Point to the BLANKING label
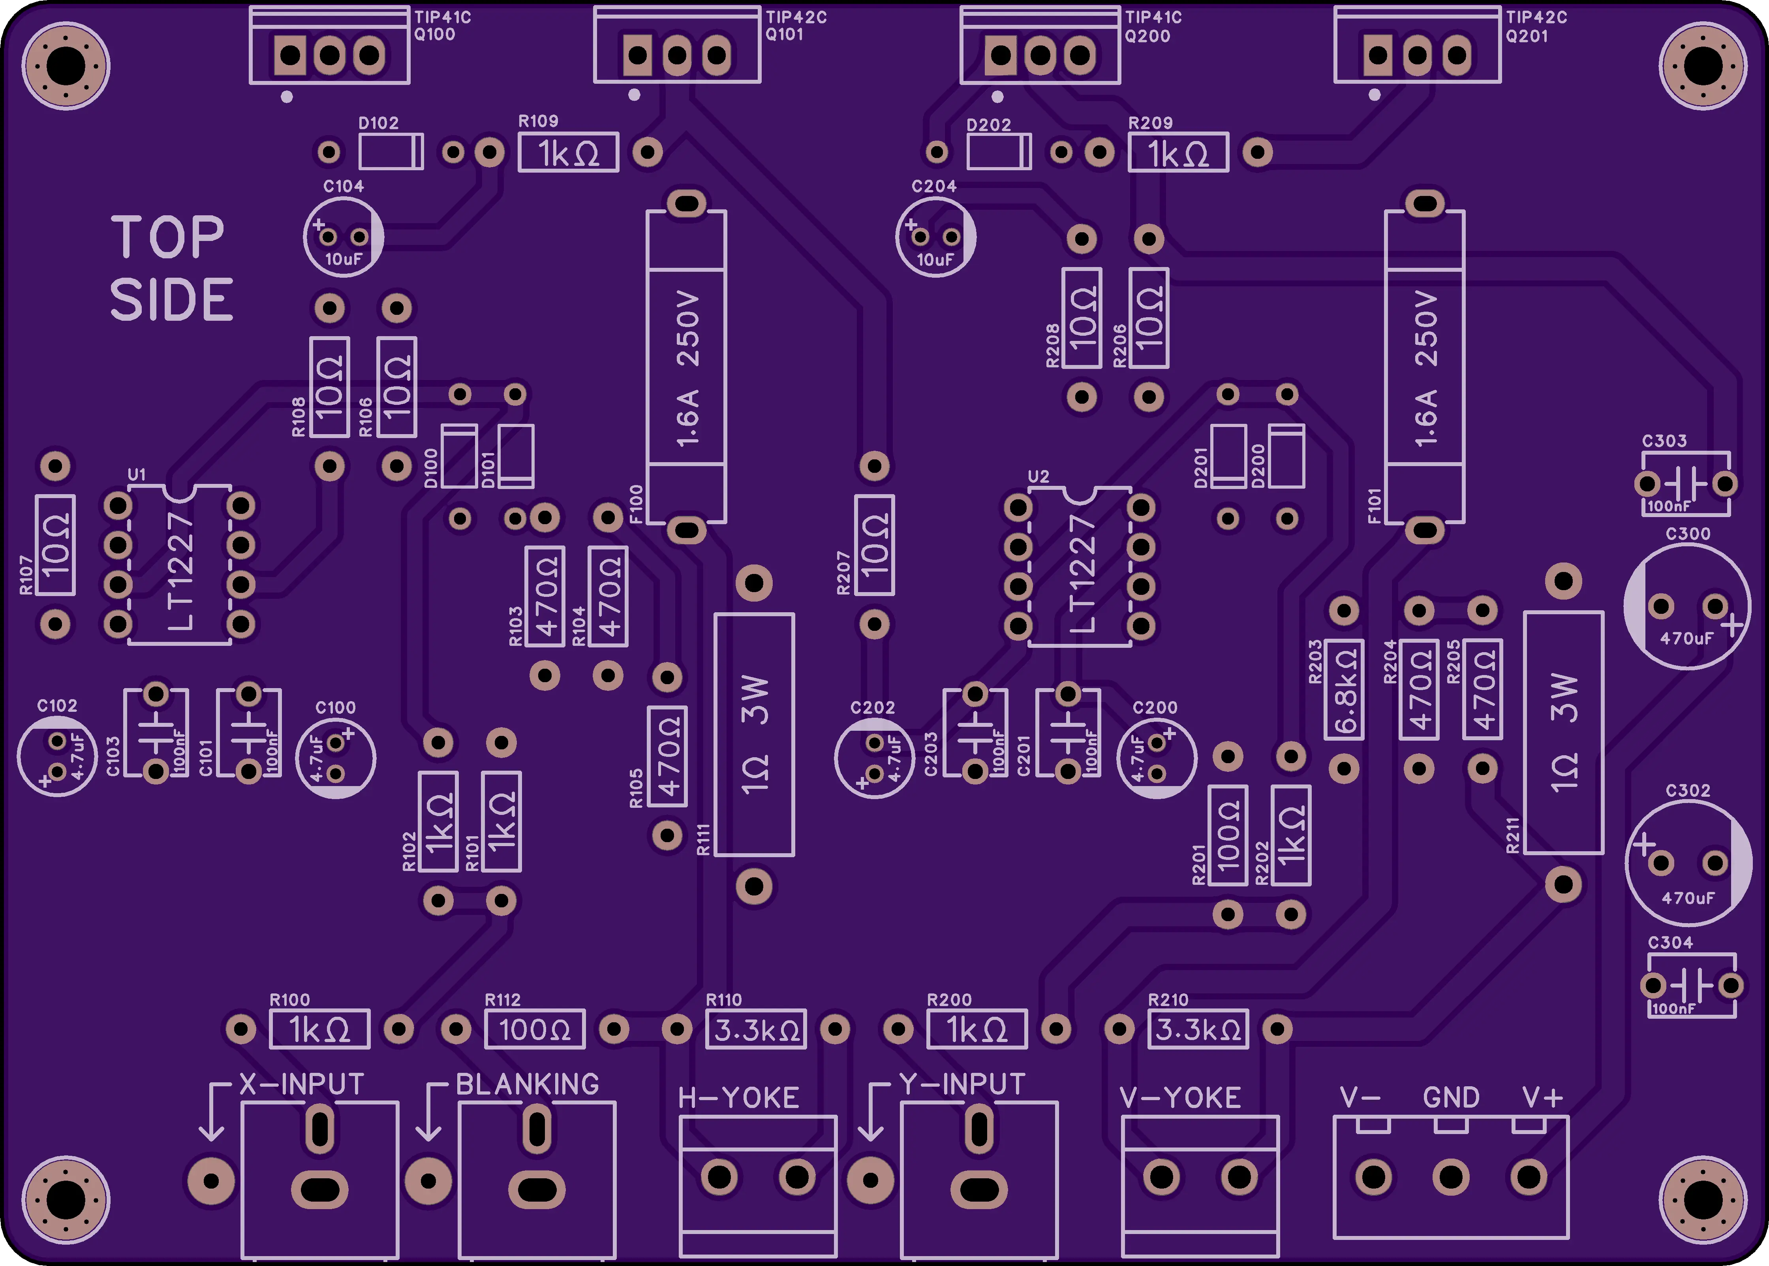click(528, 1084)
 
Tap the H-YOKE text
click(739, 1098)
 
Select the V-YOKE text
click(1180, 1098)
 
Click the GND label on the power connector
click(1451, 1098)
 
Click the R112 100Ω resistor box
click(535, 1030)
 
